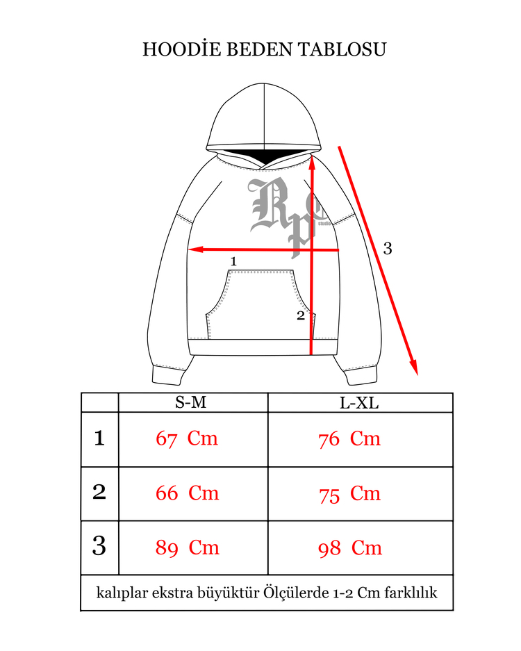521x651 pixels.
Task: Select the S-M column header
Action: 190,402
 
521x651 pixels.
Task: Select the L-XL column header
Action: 359,403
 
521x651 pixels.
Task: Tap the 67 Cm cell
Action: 187,438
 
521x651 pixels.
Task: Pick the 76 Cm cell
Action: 349,439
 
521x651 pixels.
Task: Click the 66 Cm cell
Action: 188,493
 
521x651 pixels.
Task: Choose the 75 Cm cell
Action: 349,494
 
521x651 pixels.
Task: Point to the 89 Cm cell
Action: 188,547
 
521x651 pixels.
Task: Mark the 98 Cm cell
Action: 350,548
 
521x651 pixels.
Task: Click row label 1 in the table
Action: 99,438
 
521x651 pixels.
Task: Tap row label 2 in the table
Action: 99,492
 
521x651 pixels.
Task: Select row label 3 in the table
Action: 99,545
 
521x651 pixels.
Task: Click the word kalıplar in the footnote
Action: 122,593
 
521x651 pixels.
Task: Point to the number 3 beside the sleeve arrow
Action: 388,248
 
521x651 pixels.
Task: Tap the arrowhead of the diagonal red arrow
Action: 414,367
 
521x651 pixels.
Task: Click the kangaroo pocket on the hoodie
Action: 260,304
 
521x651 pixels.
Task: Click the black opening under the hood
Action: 260,156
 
